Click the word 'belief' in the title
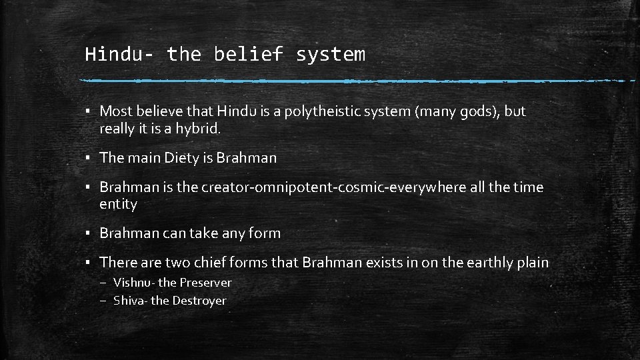(249, 54)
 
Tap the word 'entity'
(118, 205)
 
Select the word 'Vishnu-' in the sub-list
(134, 283)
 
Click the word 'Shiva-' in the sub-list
(131, 301)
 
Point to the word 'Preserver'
(205, 283)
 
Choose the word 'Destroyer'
(199, 301)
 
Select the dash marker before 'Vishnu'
(103, 283)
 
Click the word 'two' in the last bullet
(175, 263)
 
